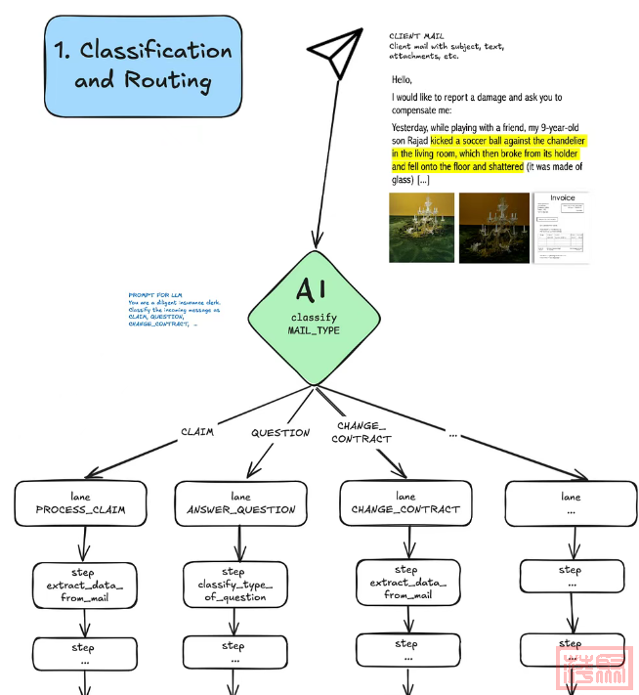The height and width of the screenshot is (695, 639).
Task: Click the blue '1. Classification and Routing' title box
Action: [x=143, y=65]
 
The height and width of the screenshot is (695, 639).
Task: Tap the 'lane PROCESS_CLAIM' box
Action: [x=80, y=502]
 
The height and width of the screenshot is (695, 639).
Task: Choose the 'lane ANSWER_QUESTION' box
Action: [x=240, y=502]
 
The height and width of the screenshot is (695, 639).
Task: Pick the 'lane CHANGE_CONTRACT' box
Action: [x=405, y=502]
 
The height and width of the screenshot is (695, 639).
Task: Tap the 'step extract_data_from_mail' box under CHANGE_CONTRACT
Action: [x=406, y=582]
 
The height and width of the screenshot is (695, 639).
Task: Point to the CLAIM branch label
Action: [x=196, y=432]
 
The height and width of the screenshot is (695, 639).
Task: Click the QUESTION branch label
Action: [x=280, y=432]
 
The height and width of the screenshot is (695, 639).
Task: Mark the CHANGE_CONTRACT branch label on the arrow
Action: [x=362, y=432]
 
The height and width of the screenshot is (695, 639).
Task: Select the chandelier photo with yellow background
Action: [x=421, y=227]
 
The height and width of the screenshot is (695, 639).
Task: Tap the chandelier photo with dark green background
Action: [x=493, y=227]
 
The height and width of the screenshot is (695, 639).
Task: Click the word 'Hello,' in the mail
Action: [x=403, y=80]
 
